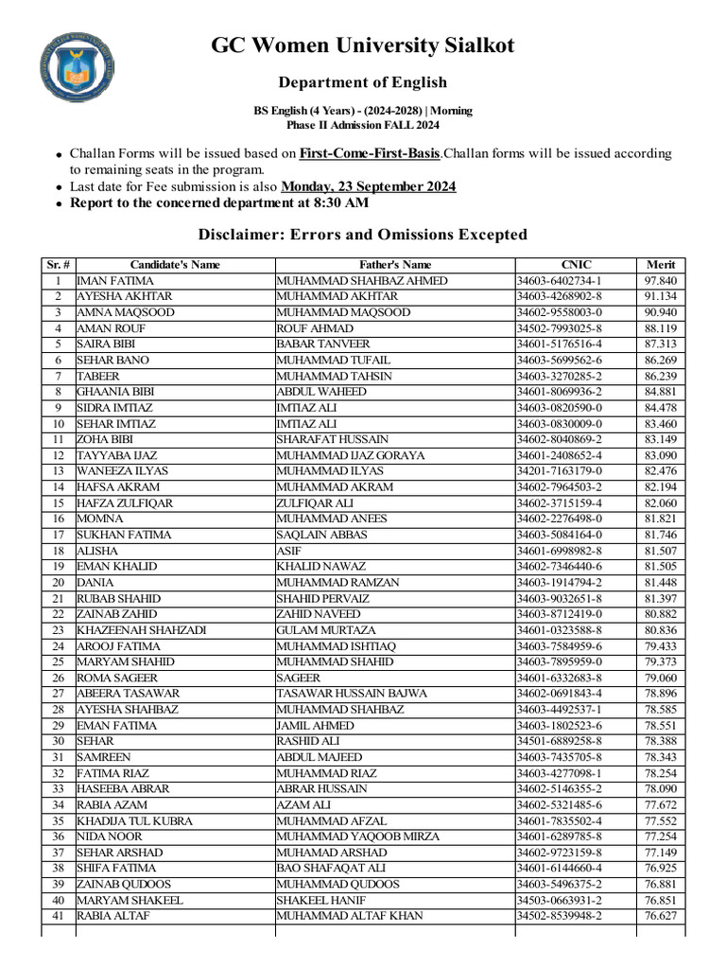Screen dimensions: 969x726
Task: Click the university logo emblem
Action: click(x=79, y=68)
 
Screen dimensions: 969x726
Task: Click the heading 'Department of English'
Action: click(x=362, y=82)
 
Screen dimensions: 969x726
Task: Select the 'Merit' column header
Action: click(x=661, y=265)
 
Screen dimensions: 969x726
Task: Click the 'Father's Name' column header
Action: click(x=395, y=265)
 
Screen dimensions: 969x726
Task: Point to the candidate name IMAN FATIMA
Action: click(x=115, y=281)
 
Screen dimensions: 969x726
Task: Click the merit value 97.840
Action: click(x=661, y=281)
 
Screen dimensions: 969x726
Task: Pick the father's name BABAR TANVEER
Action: click(x=323, y=344)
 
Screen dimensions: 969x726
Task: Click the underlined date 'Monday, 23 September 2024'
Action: click(x=369, y=186)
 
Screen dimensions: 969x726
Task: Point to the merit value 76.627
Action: click(x=661, y=916)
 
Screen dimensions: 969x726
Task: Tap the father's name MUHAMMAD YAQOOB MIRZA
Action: click(x=347, y=837)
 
